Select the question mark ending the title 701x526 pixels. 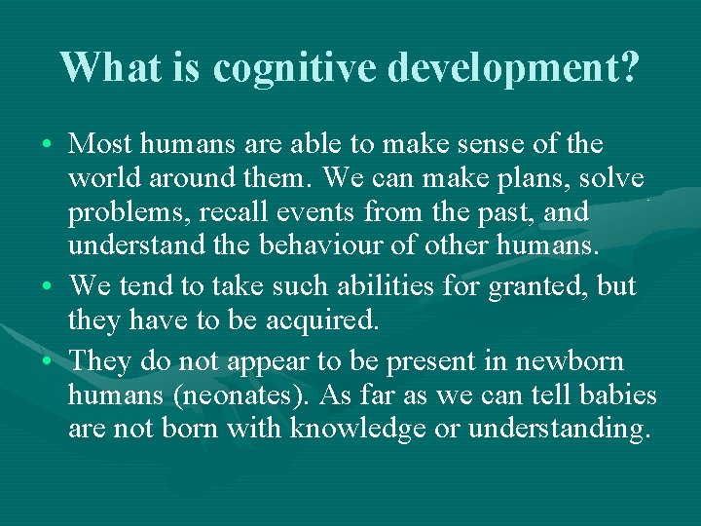coord(629,67)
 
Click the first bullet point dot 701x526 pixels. coord(48,146)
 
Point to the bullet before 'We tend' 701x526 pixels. coord(48,287)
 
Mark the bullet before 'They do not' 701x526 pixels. coord(48,361)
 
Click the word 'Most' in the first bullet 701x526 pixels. coord(101,145)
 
